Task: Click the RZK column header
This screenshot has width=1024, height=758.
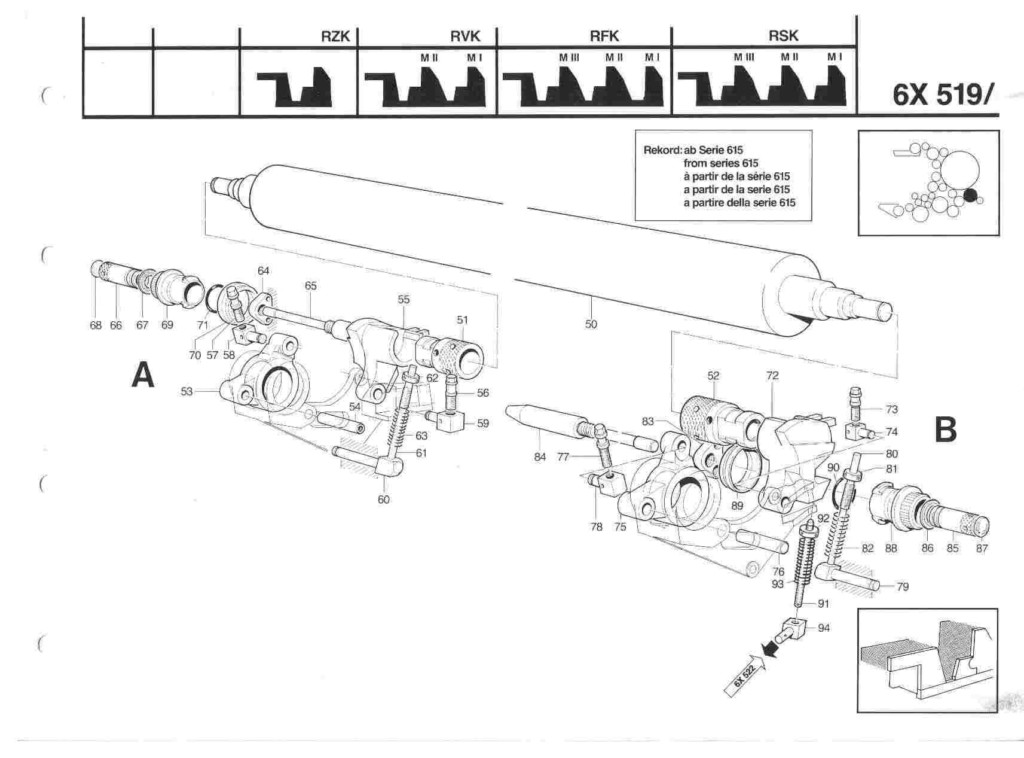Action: tap(334, 36)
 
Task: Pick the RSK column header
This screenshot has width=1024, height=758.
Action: tap(783, 36)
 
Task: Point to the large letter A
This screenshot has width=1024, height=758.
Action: tap(142, 377)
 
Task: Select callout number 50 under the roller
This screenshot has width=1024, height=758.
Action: tap(591, 324)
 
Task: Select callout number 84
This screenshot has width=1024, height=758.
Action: tap(540, 458)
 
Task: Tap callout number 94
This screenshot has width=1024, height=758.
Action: tap(824, 628)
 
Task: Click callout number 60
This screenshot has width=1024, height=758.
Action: tap(383, 499)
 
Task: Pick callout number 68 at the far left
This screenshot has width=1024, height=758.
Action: tap(96, 325)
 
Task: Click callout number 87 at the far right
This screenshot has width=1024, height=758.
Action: tap(982, 547)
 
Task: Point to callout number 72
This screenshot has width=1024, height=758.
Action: tap(772, 376)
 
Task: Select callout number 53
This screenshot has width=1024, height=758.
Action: tap(187, 391)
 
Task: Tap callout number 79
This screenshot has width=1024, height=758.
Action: tap(903, 587)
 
